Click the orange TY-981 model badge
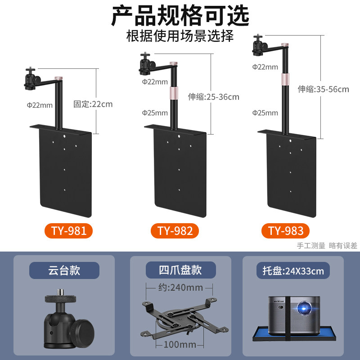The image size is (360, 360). [x=68, y=231]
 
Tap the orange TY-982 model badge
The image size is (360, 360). [x=175, y=231]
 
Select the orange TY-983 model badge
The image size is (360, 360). [x=286, y=231]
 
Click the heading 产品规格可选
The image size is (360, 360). [x=180, y=16]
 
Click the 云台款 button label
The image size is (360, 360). [x=64, y=270]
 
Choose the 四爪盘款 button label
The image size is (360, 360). [x=180, y=270]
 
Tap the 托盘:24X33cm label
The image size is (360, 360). [x=293, y=271]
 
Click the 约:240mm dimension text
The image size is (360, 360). [x=176, y=287]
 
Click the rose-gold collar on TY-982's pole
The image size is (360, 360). [x=173, y=93]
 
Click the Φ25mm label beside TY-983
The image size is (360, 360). [x=265, y=113]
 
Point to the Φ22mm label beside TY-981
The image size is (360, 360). [x=40, y=105]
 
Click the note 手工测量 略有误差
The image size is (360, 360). [x=327, y=246]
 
